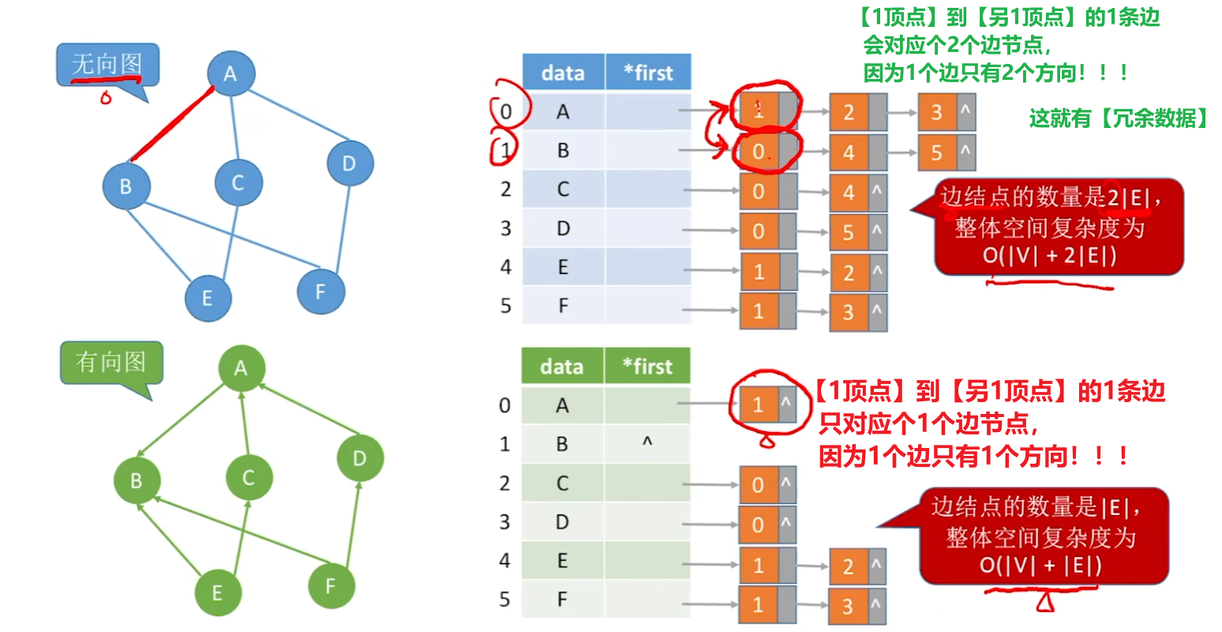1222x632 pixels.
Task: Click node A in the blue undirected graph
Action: (231, 73)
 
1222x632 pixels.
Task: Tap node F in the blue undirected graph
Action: (320, 292)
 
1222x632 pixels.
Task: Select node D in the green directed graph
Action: (359, 458)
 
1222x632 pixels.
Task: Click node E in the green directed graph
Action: (217, 592)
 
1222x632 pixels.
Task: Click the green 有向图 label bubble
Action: (111, 363)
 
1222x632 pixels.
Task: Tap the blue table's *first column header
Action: (648, 73)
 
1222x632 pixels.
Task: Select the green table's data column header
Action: (562, 367)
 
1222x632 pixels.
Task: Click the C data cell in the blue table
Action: (563, 190)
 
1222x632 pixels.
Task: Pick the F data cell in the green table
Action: (562, 600)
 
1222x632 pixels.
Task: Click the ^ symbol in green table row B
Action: (647, 443)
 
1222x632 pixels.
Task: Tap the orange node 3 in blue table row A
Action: (937, 112)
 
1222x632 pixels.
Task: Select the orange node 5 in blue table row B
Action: (937, 152)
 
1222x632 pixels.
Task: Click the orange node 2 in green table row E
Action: (848, 566)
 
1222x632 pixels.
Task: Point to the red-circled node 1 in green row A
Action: (759, 405)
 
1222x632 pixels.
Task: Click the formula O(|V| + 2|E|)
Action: (1049, 255)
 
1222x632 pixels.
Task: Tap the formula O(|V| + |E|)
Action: (1040, 565)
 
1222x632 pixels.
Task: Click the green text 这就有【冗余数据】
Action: (1119, 118)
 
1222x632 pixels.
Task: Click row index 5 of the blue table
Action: (506, 306)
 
